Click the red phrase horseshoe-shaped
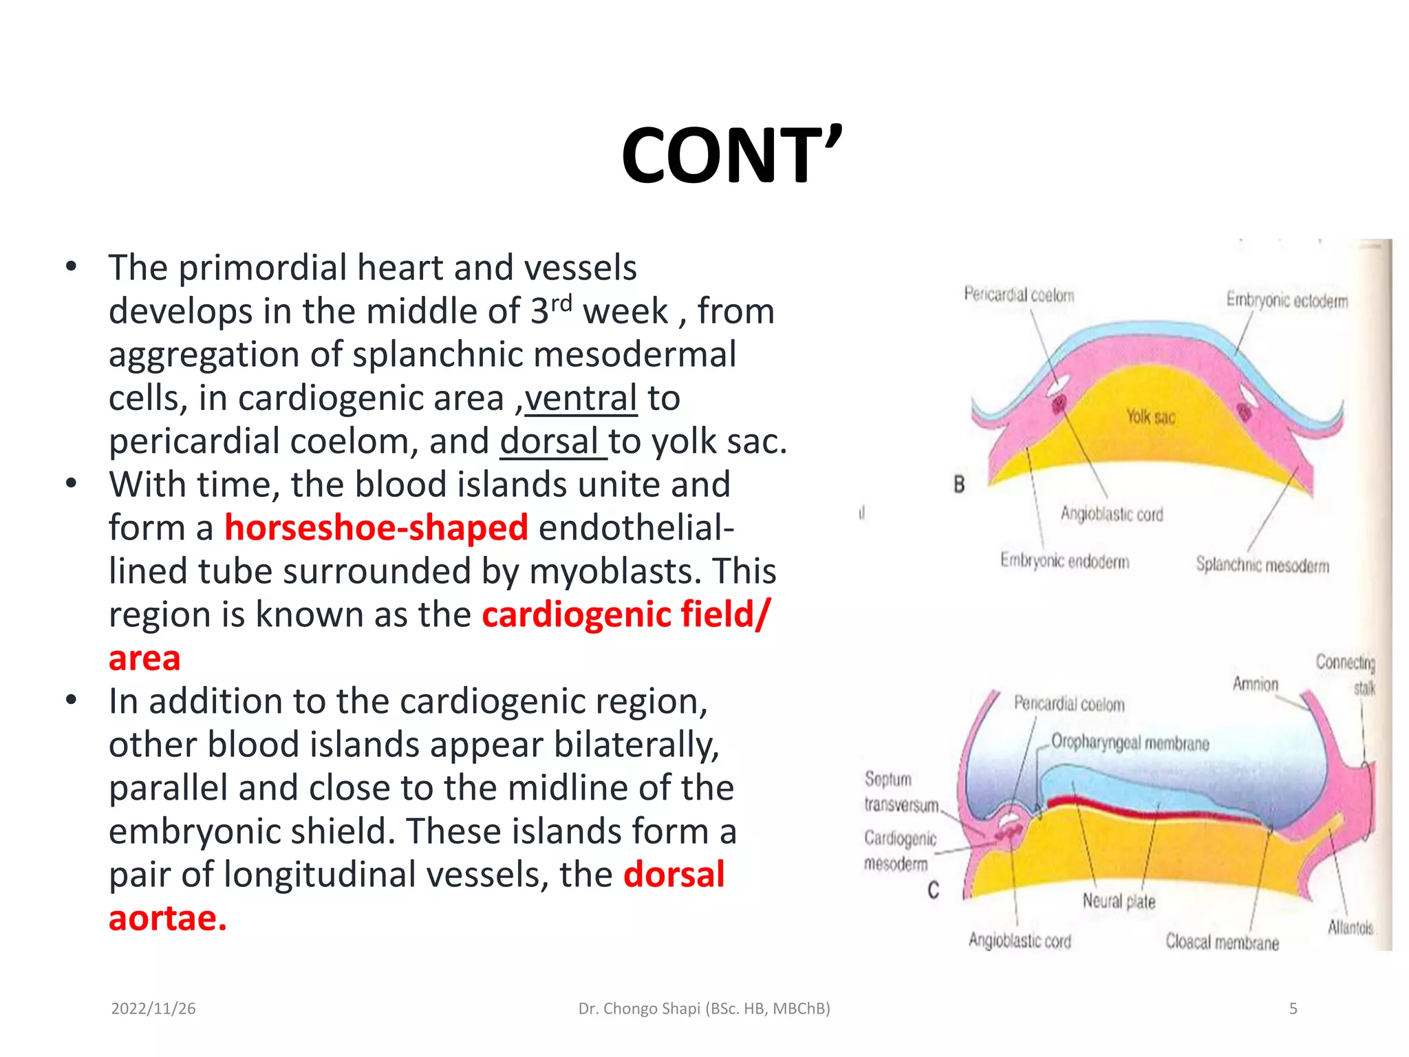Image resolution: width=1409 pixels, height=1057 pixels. [x=376, y=528]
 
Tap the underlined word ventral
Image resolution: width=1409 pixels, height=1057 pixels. [x=581, y=398]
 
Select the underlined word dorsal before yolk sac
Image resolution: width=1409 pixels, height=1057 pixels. [x=550, y=441]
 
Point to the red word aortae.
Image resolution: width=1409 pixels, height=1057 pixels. [x=167, y=918]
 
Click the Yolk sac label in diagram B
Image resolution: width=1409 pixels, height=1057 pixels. [x=1150, y=416]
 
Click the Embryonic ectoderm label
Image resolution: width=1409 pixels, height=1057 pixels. [x=1287, y=301]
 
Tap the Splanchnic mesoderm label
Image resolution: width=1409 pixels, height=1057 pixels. [x=1262, y=565]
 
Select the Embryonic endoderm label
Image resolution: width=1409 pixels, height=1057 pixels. [x=1064, y=561]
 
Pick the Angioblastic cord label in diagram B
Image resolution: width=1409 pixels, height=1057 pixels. [x=1111, y=514]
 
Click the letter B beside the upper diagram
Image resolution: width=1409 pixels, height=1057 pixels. [x=959, y=484]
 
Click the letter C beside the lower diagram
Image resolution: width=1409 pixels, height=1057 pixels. [x=933, y=890]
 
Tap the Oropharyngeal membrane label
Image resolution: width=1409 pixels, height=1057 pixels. [x=1130, y=743]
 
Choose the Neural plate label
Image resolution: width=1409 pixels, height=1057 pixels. [x=1119, y=901]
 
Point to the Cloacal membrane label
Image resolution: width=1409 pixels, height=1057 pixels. [x=1222, y=942]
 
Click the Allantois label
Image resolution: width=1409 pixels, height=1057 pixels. [x=1350, y=928]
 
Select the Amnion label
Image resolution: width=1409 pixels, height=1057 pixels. [x=1255, y=684]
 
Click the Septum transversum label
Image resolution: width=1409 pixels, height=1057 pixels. [x=901, y=791]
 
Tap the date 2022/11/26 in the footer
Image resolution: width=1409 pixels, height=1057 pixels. [x=153, y=1009]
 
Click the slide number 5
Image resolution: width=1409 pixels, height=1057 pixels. [x=1293, y=1009]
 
